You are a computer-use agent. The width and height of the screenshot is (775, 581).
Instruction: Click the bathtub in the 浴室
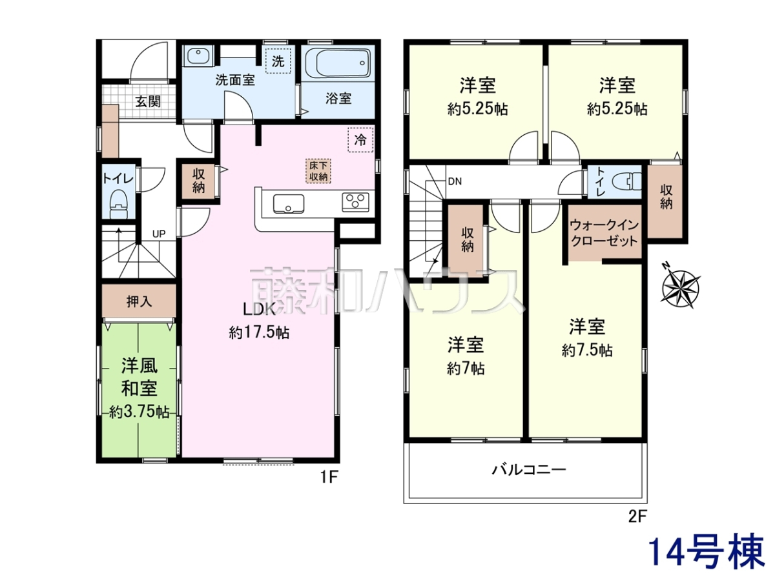[338, 64]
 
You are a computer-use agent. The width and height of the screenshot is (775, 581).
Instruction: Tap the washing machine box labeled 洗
[278, 61]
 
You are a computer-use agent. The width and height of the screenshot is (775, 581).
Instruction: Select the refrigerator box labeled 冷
[360, 139]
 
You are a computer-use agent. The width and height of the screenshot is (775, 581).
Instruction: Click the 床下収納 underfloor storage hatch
[318, 170]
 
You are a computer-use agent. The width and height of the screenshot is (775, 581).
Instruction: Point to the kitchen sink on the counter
[289, 204]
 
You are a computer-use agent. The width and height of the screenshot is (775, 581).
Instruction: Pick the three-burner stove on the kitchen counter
[355, 202]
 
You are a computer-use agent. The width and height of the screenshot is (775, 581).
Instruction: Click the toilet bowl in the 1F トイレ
[119, 205]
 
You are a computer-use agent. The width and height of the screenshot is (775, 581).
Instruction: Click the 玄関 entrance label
[148, 101]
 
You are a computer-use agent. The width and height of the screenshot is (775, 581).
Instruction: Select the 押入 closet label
[139, 301]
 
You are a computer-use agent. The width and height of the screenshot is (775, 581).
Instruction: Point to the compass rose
[680, 285]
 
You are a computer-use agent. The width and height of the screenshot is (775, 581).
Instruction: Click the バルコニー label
[529, 469]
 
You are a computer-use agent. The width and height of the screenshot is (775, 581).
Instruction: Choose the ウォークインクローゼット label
[604, 233]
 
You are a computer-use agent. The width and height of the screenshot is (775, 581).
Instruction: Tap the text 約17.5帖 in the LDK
[259, 332]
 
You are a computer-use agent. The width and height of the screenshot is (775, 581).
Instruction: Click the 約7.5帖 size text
[587, 351]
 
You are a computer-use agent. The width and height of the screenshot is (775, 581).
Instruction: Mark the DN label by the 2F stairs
[455, 181]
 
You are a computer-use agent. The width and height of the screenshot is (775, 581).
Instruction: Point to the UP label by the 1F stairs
[159, 234]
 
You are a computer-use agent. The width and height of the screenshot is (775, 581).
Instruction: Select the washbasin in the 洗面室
[198, 56]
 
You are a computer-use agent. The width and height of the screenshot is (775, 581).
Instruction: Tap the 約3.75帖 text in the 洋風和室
[139, 412]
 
